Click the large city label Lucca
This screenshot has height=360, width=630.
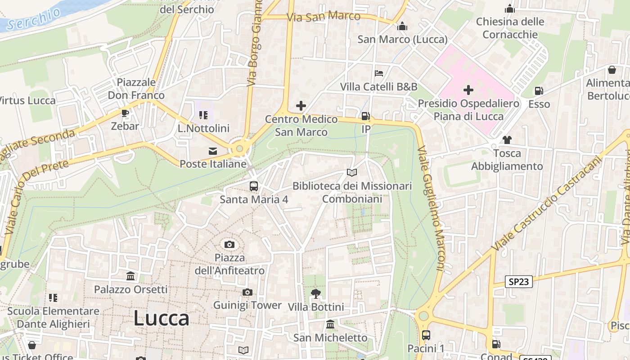(161, 319)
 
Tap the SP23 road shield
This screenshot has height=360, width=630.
(519, 282)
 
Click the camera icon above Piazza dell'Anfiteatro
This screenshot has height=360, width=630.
(229, 244)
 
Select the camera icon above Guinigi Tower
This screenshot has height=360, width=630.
(247, 292)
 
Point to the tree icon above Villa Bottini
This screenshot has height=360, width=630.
(316, 294)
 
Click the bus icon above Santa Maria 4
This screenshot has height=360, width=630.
(254, 186)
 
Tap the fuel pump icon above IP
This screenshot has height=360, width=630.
(366, 117)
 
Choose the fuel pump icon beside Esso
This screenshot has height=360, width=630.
(539, 91)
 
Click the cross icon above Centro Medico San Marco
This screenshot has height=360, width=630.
(301, 106)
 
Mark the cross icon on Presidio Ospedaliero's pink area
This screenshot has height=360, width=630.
(468, 90)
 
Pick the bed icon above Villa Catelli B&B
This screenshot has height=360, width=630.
(379, 73)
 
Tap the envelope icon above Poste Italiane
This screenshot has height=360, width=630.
(213, 151)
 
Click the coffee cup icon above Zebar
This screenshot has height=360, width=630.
(125, 113)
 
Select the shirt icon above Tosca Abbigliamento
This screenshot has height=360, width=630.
(507, 140)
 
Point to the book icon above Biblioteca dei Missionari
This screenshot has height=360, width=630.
(352, 173)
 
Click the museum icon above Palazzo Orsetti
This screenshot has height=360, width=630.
(130, 276)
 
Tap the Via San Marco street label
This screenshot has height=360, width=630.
(324, 17)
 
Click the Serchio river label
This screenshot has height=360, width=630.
(34, 19)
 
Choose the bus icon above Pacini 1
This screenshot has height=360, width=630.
(426, 335)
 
